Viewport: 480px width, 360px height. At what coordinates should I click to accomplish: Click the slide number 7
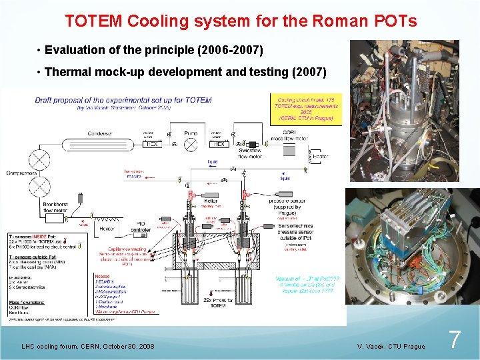454,339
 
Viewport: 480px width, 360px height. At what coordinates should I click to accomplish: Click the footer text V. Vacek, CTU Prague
391,346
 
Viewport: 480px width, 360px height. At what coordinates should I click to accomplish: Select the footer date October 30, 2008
125,346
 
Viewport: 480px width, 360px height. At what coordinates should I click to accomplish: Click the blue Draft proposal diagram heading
123,101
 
